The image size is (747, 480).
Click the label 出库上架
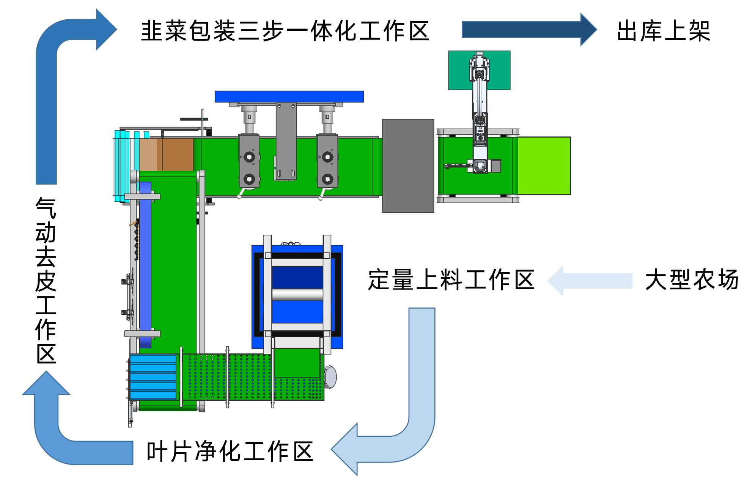pos(663,31)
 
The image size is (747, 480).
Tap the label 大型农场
pos(692,280)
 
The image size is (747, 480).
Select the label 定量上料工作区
pos(451,280)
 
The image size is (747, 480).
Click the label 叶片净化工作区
pos(230,452)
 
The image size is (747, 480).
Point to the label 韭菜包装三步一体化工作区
pos(285,31)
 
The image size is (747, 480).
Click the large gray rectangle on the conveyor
pos(408,166)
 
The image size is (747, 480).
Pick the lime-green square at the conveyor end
pos(544,166)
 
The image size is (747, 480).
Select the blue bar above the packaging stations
pos(289,96)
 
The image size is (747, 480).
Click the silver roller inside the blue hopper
pos(297,294)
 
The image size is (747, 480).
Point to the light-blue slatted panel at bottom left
pos(153,377)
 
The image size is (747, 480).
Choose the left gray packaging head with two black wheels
pos(249,161)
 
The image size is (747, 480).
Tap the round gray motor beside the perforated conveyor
pos(330,377)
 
